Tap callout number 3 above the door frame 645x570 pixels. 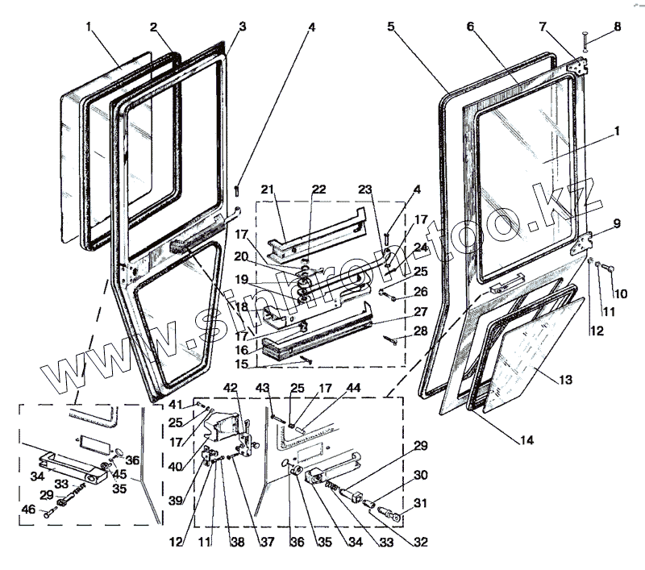point(242,27)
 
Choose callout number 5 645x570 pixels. point(390,27)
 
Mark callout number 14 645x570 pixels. point(527,441)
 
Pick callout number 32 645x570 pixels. point(421,541)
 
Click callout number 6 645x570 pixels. point(468,27)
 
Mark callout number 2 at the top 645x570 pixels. point(152,27)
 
